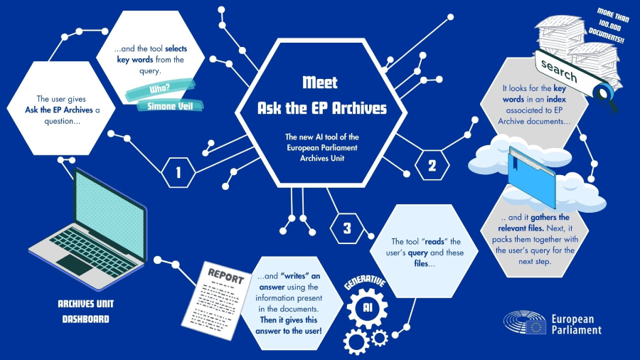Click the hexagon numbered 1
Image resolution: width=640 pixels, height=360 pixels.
coord(178,172)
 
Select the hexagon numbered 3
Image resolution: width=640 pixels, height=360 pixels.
coord(347,228)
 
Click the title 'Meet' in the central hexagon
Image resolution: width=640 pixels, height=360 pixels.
coord(320,83)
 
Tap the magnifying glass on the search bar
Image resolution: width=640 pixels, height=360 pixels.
coord(604,92)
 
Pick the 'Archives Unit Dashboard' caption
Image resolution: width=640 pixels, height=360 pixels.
coord(85,311)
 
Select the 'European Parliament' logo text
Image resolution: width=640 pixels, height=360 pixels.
coord(576,324)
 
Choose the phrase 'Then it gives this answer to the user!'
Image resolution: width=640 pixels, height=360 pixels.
coord(290,325)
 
